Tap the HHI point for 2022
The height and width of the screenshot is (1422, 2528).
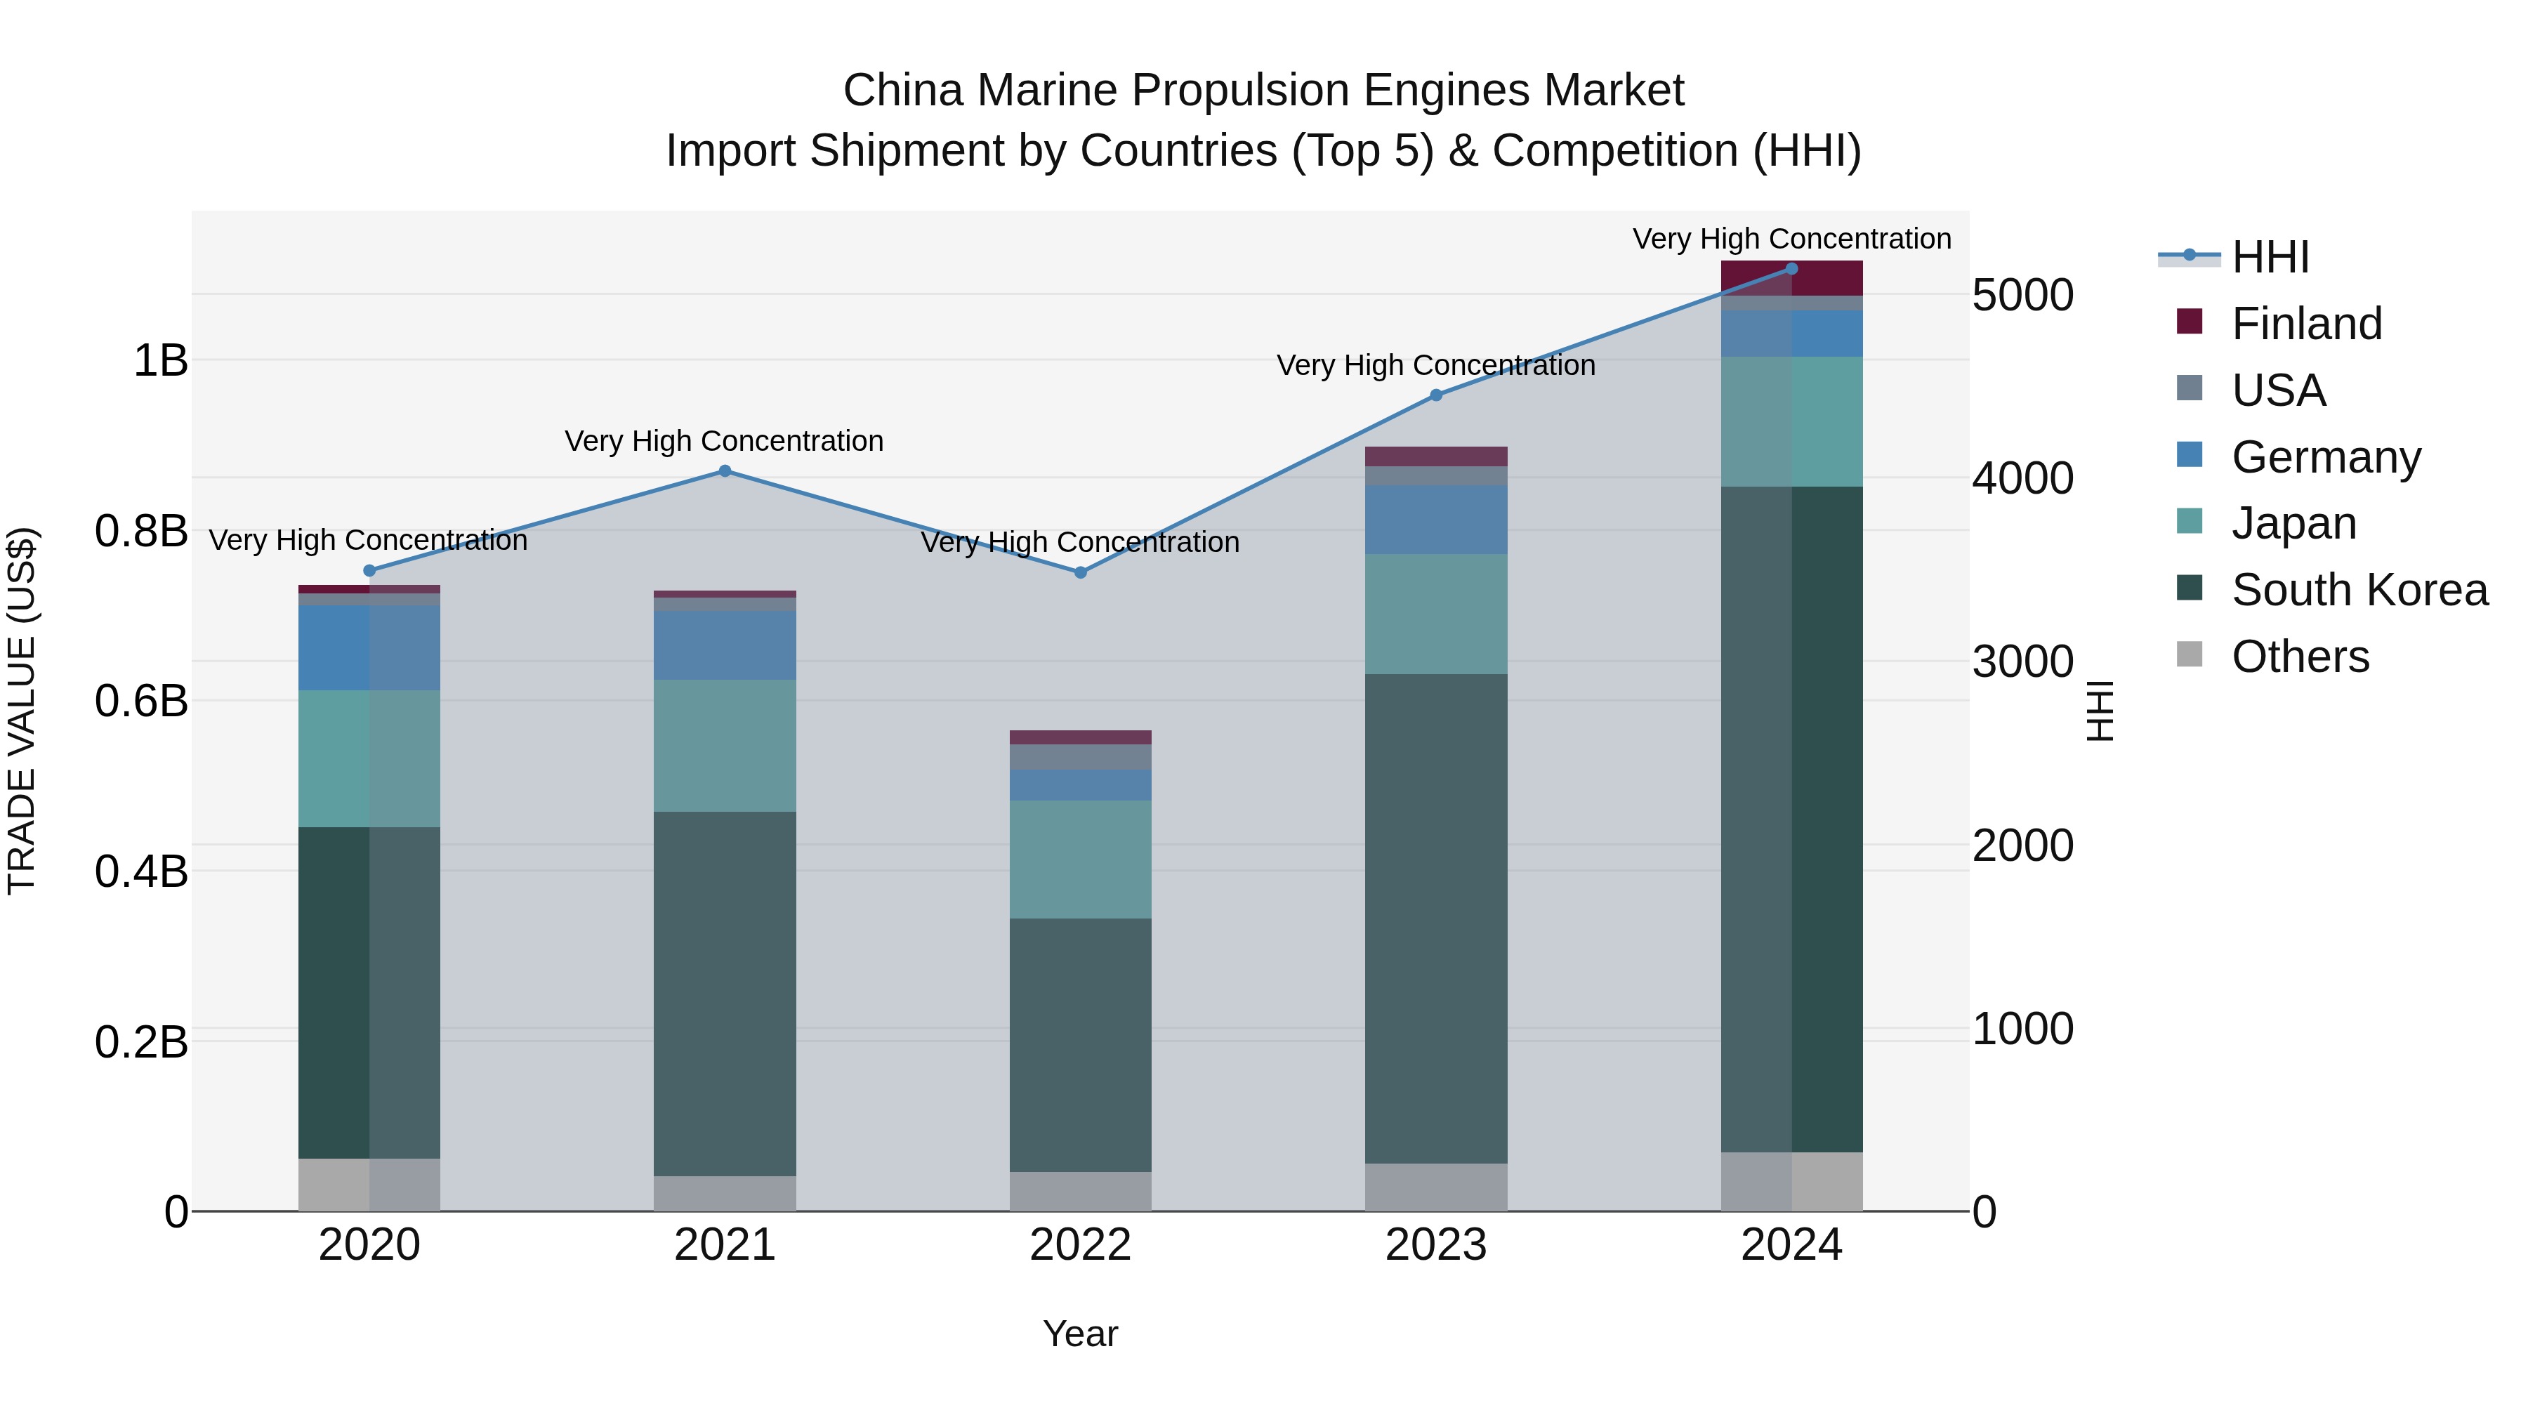1081,572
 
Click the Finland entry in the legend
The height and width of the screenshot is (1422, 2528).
2306,324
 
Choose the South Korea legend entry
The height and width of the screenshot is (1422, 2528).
2359,590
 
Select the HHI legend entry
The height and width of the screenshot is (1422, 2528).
2270,257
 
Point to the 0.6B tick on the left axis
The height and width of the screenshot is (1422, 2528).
141,701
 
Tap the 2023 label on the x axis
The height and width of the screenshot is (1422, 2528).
1436,1245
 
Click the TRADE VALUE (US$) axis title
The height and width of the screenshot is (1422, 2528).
22,711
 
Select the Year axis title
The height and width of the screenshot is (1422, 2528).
1081,1334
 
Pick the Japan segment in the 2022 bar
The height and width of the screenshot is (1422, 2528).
1081,859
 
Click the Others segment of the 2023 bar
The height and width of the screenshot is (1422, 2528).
1436,1187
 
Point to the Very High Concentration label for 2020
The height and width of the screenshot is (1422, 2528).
368,541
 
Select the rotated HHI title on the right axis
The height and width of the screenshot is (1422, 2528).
2099,711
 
